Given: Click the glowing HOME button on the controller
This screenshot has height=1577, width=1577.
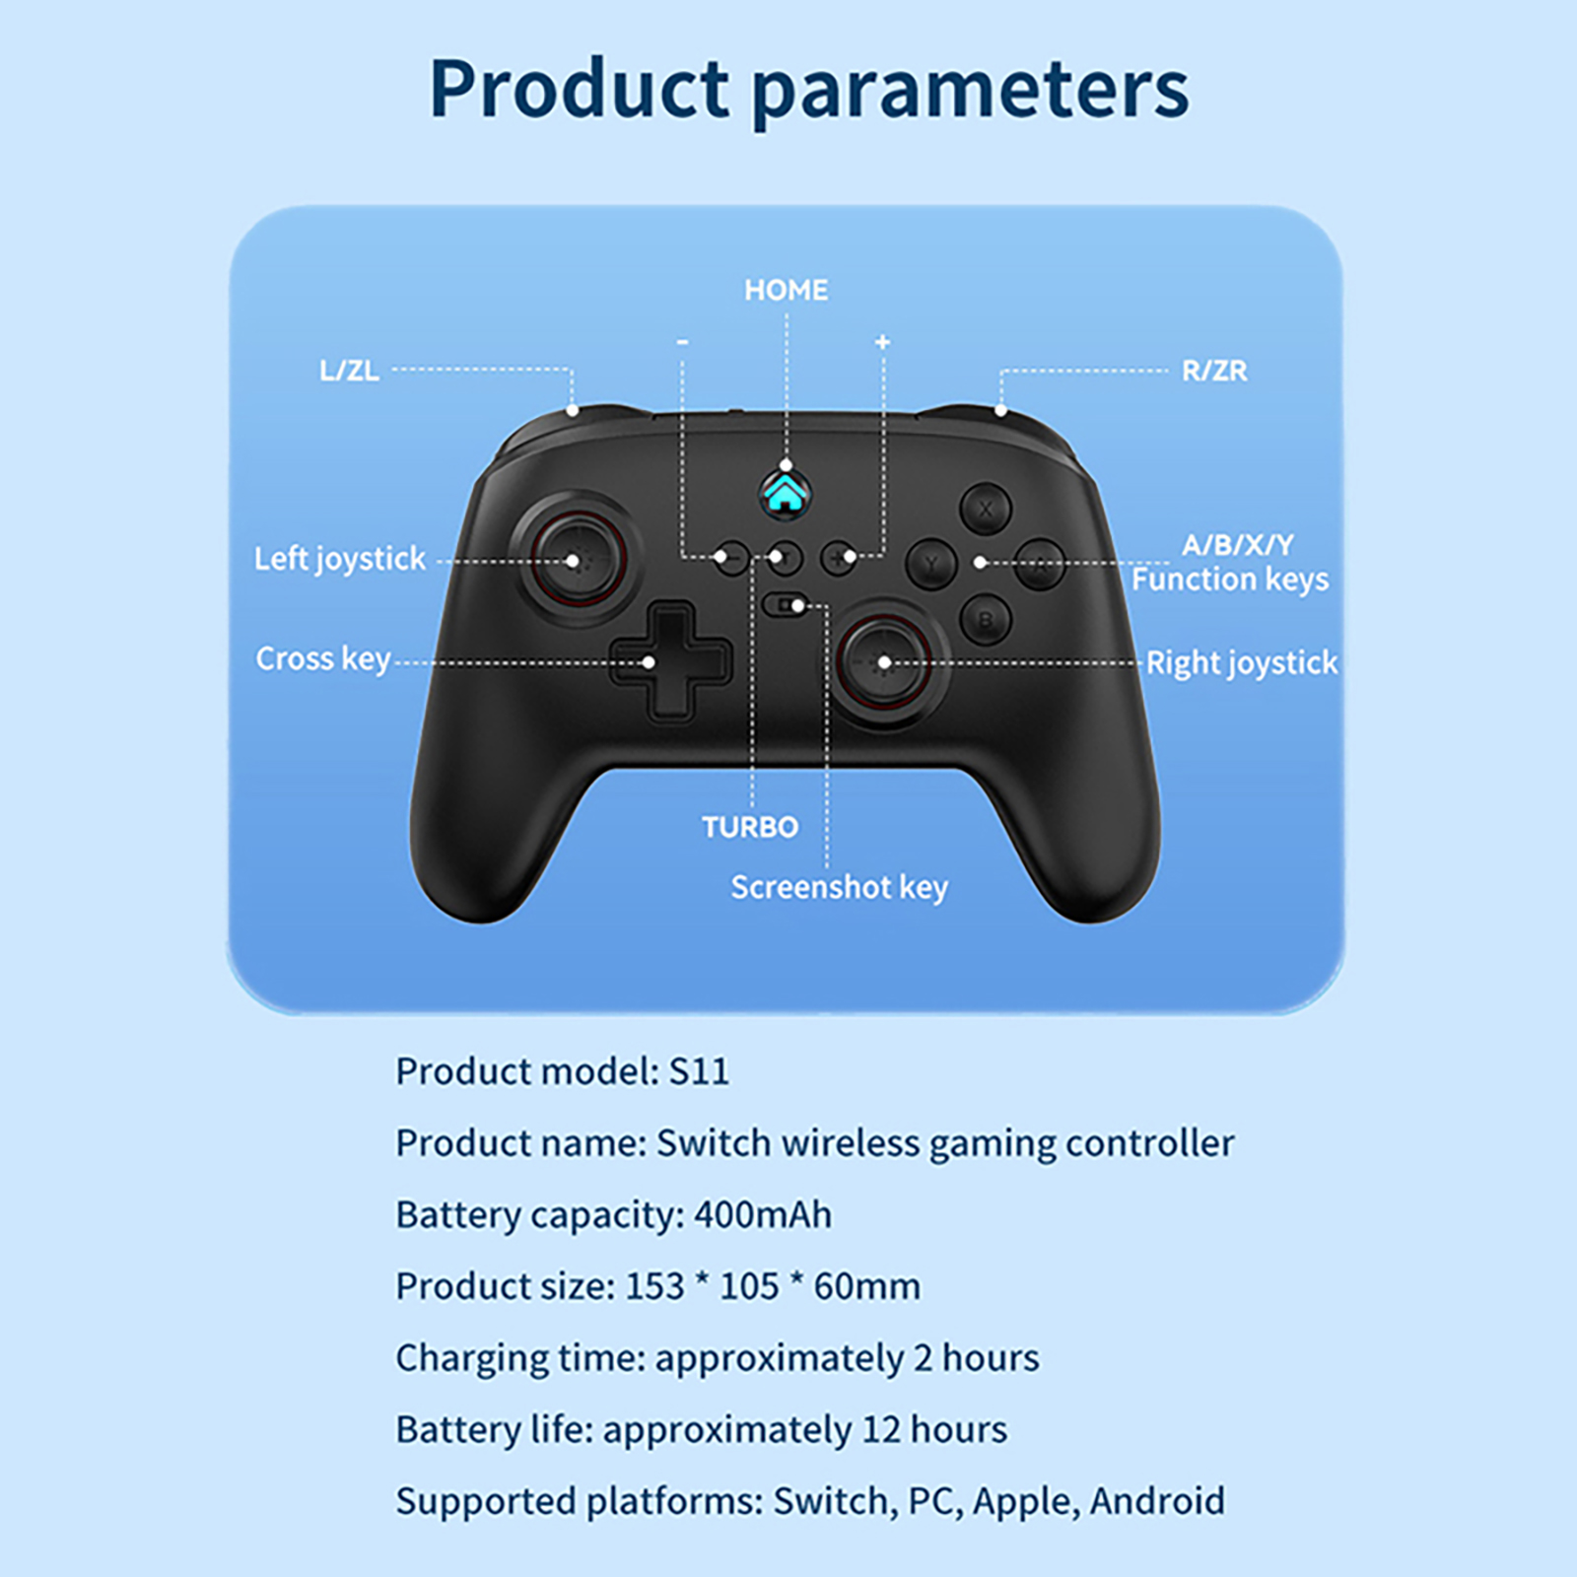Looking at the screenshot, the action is (785, 493).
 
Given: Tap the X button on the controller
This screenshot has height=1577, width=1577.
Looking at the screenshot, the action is (985, 510).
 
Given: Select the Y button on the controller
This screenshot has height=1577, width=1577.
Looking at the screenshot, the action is (931, 565).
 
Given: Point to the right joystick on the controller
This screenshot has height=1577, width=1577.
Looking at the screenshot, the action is (884, 662).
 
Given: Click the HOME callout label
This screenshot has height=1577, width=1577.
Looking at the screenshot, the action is (786, 290).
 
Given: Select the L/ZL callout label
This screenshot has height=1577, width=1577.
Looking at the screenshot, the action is (349, 371).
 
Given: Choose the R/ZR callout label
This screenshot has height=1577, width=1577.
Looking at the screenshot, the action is (1214, 371).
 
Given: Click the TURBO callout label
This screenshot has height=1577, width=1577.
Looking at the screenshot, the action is (750, 827).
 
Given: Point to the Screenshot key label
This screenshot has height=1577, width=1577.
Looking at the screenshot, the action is (839, 888).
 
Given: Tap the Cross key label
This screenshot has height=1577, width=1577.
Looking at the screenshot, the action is (323, 658).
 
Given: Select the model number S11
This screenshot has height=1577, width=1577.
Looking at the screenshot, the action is (699, 1071).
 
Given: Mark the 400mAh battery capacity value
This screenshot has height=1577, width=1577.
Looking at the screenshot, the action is (763, 1215).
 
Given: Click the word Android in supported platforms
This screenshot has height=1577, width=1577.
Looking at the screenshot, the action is (1157, 1501).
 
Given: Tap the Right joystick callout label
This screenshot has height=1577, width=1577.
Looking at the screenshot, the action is (1242, 663).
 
